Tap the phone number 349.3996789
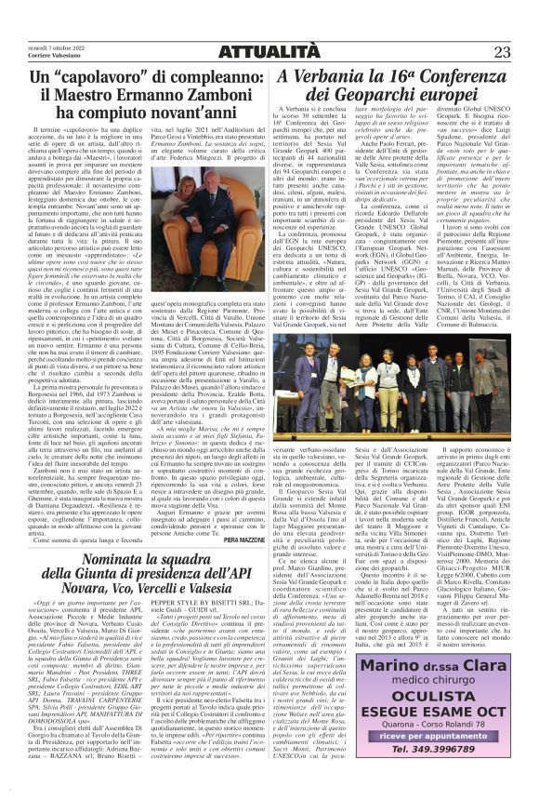tap(440, 751)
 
